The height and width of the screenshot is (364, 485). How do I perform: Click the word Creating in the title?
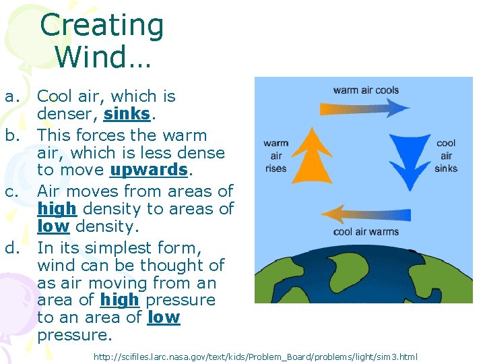coord(102,26)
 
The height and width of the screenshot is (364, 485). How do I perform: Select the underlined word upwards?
coord(148,169)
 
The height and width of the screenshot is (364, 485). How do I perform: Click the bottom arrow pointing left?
coord(364,215)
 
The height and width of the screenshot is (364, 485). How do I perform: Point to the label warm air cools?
coord(366,90)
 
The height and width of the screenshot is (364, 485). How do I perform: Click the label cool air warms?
coord(366,232)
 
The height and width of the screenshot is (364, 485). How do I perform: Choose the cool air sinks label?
coord(446,156)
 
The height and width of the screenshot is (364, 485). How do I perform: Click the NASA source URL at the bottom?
coord(255,356)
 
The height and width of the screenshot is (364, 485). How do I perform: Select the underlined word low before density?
coord(54,227)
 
